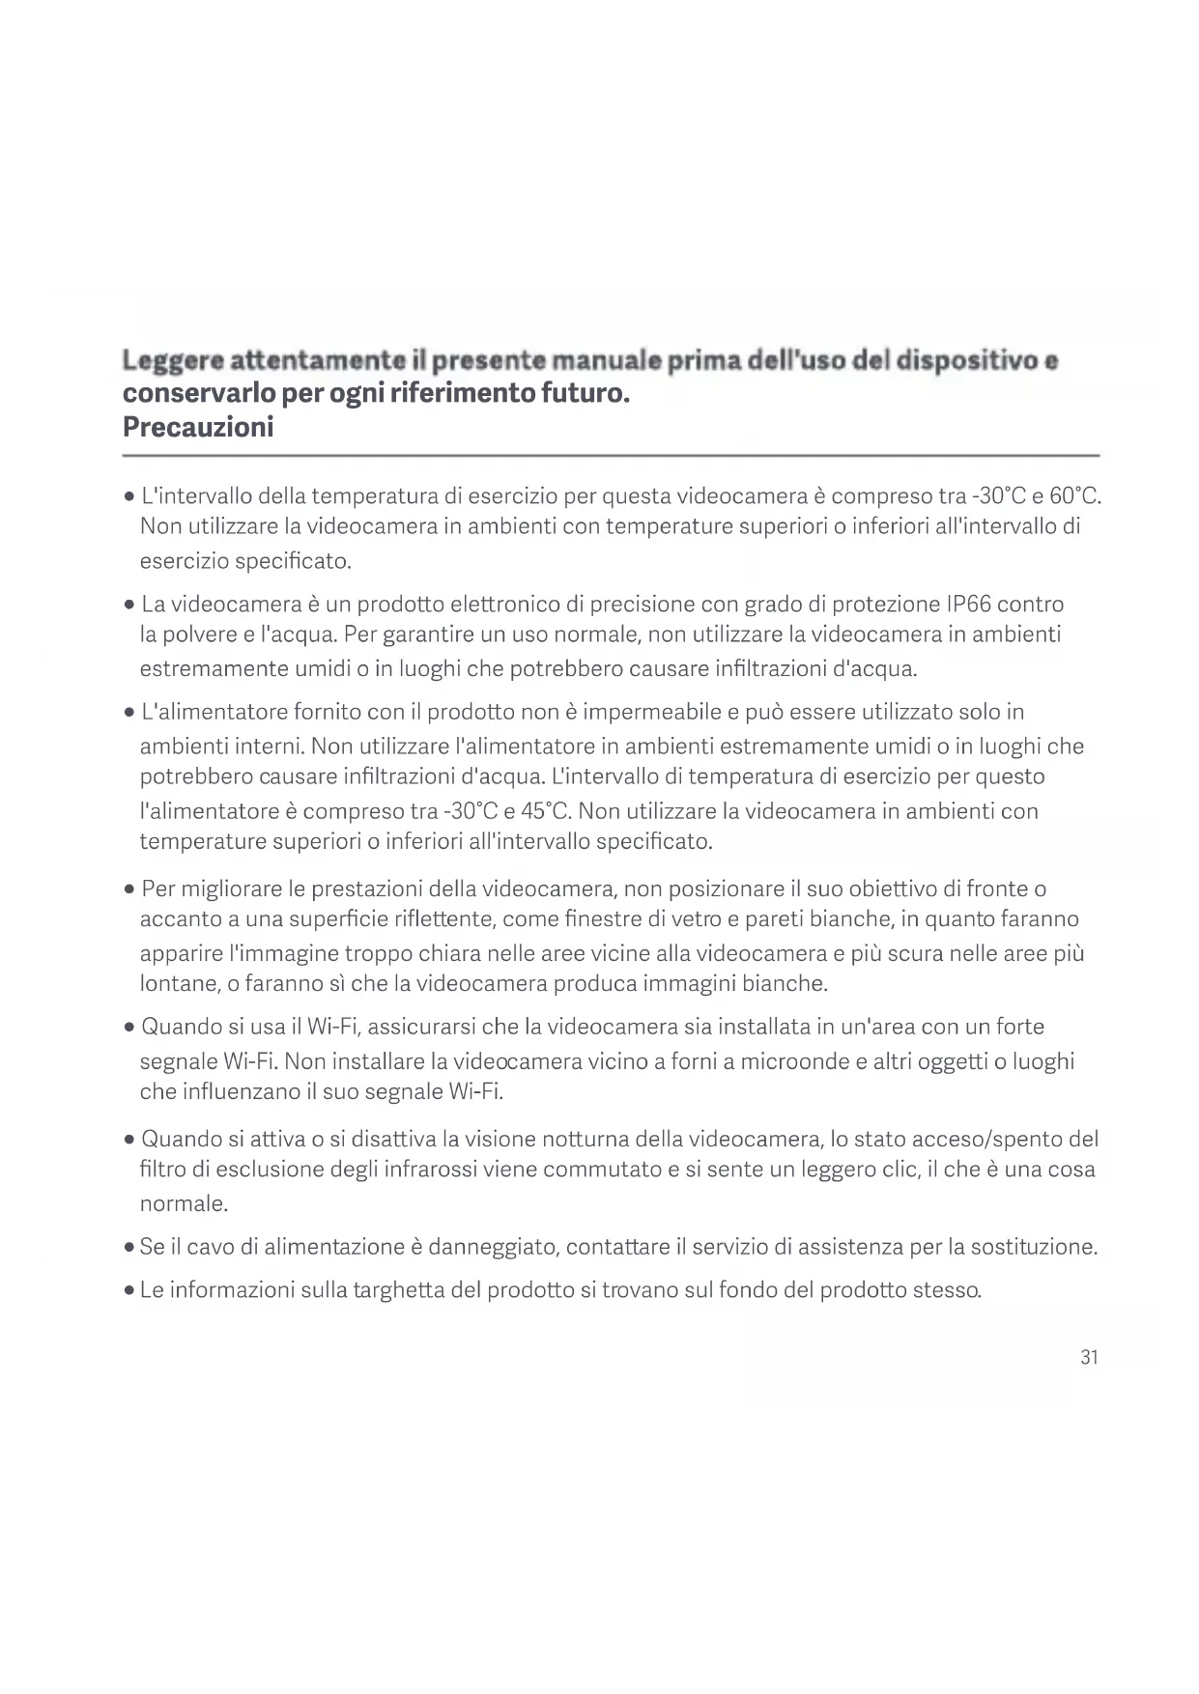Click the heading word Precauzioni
pyautogui.click(x=198, y=427)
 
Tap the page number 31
pyautogui.click(x=1089, y=1357)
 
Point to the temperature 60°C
pyautogui.click(x=1074, y=496)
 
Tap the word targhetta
pyautogui.click(x=386, y=1289)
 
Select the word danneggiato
pyautogui.click(x=493, y=1247)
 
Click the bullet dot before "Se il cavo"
pyautogui.click(x=128, y=1248)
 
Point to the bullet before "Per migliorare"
pyautogui.click(x=128, y=889)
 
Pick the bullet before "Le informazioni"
pyautogui.click(x=128, y=1290)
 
